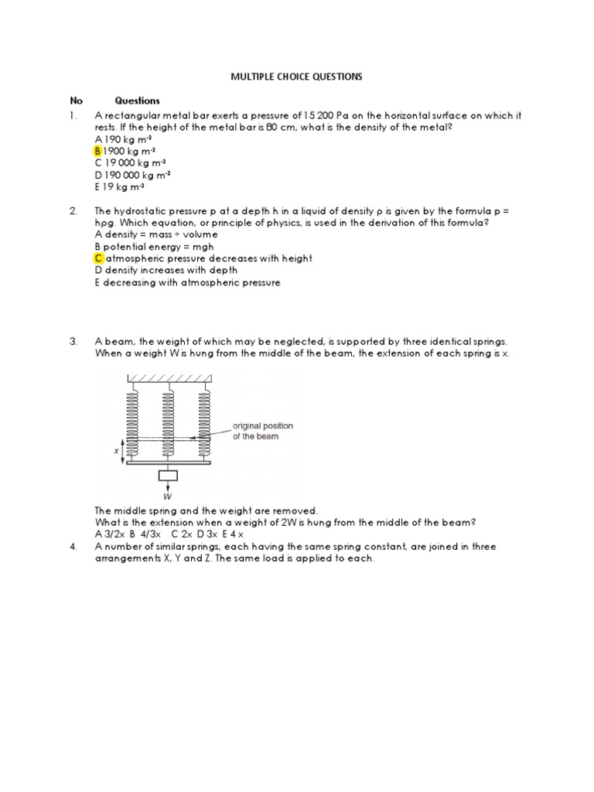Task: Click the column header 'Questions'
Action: pos(137,101)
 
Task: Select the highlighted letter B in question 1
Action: pos(98,152)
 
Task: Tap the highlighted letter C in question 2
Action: pos(98,258)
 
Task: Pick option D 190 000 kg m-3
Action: pos(132,175)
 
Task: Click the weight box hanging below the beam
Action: pos(168,475)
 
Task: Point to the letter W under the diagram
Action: pos(168,497)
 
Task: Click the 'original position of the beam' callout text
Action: pos(263,432)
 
